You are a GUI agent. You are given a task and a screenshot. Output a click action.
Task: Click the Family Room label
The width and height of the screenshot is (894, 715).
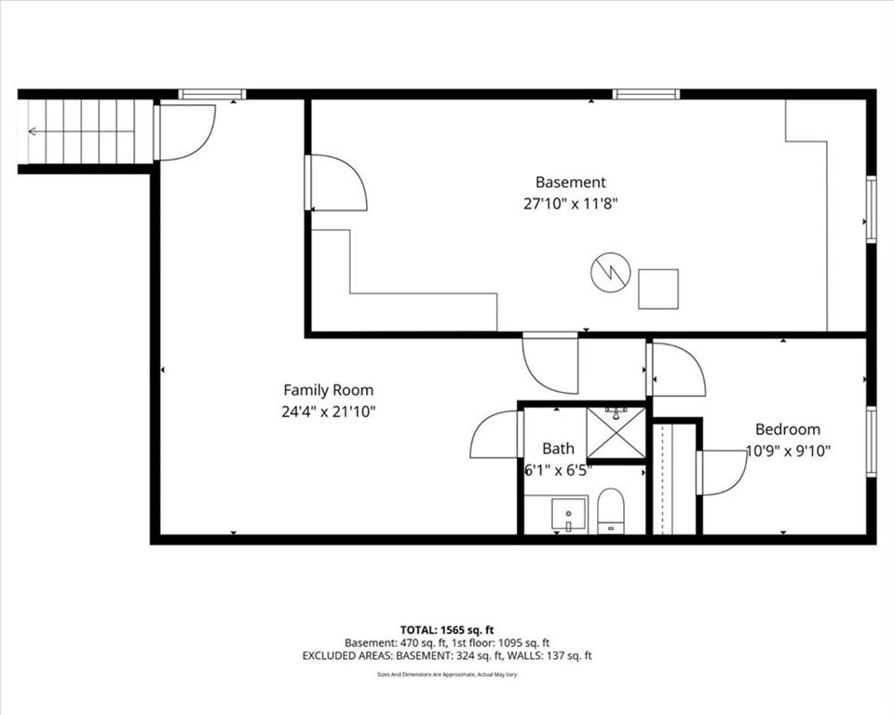click(x=329, y=391)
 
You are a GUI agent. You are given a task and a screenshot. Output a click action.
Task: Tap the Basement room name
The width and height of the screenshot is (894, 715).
click(x=570, y=182)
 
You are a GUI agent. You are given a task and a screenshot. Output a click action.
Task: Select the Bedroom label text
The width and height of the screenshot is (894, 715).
click(x=788, y=429)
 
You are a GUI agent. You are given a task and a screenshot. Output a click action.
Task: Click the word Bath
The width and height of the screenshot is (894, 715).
click(x=558, y=449)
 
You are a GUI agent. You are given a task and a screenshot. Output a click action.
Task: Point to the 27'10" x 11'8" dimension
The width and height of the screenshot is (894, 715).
click(x=571, y=204)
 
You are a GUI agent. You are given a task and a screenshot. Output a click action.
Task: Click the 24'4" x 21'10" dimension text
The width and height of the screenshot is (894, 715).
click(x=329, y=411)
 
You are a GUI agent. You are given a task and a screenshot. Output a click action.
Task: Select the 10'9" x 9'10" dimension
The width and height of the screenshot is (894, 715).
click(x=789, y=451)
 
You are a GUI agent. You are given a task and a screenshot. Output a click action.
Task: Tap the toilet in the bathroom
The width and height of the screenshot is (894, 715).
click(x=611, y=511)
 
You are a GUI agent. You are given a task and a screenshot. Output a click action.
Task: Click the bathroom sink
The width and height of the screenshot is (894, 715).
click(x=568, y=514)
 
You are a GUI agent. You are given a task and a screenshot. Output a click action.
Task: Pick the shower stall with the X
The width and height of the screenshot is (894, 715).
click(x=616, y=432)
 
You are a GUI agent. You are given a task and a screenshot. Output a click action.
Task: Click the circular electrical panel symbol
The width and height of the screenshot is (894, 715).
click(x=610, y=273)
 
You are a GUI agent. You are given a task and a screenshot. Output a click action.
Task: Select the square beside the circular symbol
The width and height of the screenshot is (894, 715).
click(x=658, y=290)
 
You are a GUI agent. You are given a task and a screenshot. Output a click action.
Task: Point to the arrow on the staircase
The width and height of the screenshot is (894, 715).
click(x=81, y=131)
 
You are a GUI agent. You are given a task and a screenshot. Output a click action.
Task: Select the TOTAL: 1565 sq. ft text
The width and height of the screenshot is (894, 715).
click(x=447, y=630)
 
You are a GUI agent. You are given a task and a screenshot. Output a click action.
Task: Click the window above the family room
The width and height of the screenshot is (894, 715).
click(x=211, y=94)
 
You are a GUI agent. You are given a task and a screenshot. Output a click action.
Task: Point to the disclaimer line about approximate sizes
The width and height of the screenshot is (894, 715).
click(x=447, y=675)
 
